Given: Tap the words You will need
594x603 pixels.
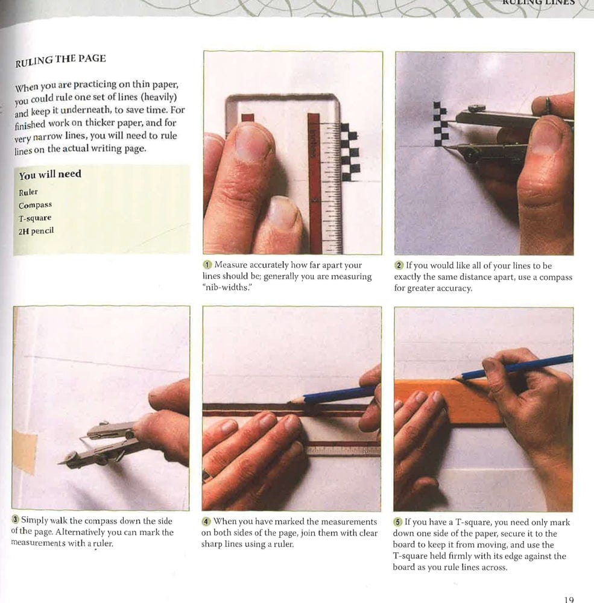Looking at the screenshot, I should click(50, 175).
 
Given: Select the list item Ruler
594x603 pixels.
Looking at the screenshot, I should click(28, 192).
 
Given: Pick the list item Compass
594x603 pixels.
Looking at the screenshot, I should click(35, 205).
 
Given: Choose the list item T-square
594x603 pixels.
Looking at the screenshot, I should click(35, 218).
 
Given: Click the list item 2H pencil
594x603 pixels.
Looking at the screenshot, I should click(36, 230).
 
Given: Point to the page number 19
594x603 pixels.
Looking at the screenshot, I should click(569, 599).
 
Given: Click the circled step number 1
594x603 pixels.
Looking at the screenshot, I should click(208, 265).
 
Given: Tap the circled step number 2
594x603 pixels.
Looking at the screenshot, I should click(399, 265).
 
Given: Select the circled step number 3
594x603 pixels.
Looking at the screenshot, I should click(16, 520).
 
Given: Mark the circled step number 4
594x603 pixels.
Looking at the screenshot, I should click(207, 521).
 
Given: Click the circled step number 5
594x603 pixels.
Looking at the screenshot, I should click(398, 522).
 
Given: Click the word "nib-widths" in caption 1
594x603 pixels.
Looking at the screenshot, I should click(226, 288).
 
